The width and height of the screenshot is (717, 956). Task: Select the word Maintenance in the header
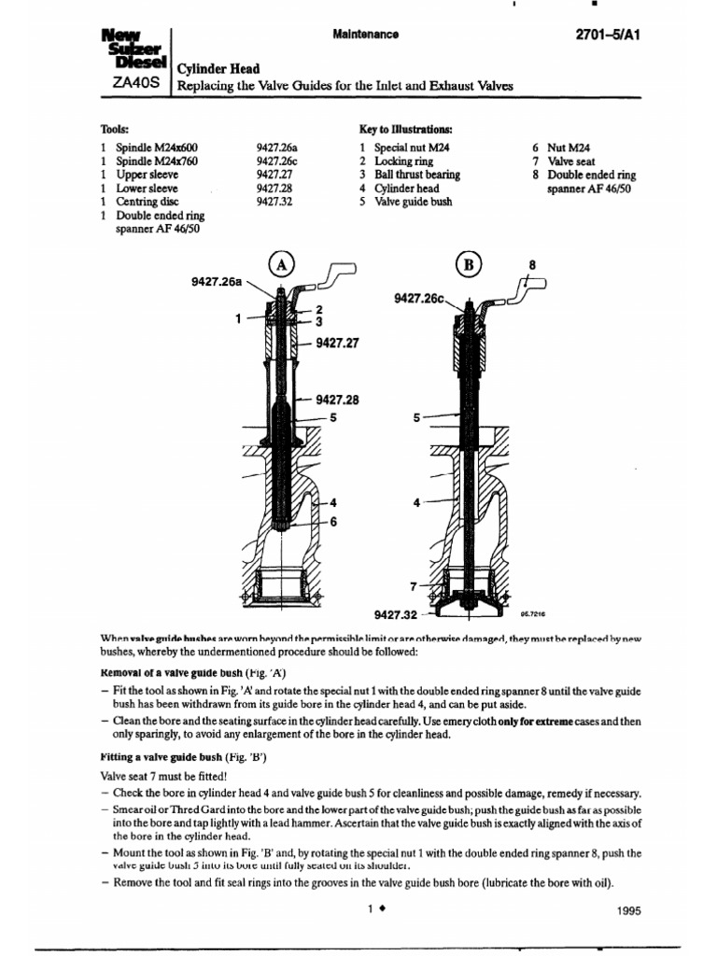click(365, 35)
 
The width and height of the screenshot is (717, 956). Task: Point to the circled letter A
click(280, 265)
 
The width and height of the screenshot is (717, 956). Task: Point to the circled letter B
click(469, 265)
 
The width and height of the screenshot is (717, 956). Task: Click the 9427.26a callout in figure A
click(216, 278)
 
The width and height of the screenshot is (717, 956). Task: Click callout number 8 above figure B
click(532, 264)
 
